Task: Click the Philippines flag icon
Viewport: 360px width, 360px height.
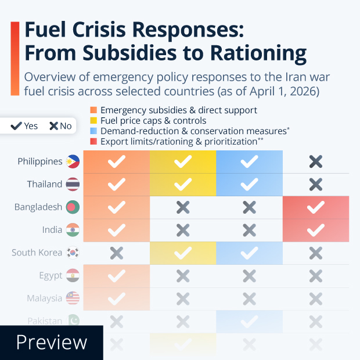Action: click(73, 161)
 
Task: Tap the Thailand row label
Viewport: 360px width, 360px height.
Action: click(44, 184)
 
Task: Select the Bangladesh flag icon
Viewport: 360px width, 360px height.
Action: click(73, 207)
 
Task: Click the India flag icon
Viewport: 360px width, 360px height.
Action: click(73, 229)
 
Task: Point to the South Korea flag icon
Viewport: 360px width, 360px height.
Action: click(73, 253)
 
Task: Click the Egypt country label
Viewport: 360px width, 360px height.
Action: click(51, 275)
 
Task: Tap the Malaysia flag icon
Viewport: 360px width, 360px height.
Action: click(73, 298)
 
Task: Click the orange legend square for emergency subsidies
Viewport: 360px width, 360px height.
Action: click(93, 110)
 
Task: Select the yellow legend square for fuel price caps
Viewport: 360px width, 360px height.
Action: click(93, 121)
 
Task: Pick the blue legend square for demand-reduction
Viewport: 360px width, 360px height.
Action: click(93, 131)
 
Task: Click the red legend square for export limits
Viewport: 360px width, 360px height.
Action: click(93, 142)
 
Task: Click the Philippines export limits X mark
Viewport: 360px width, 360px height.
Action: click(316, 162)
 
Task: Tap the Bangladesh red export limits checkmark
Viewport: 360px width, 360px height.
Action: click(316, 207)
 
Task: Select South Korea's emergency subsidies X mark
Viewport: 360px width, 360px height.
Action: click(117, 253)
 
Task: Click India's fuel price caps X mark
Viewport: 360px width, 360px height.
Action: click(183, 230)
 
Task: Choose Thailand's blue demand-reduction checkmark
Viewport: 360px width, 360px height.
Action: click(249, 185)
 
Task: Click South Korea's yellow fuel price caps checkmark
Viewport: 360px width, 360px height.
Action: click(183, 253)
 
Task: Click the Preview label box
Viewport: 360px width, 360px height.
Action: click(51, 343)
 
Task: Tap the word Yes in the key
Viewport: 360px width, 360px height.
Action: click(31, 126)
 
